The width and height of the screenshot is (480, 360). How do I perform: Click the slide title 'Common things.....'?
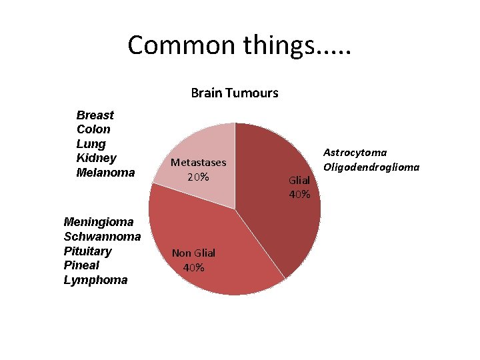point(239,45)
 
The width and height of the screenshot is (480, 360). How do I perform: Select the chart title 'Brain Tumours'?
point(235,93)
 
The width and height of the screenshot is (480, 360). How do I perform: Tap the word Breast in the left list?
point(95,115)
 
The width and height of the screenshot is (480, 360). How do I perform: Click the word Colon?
point(94,129)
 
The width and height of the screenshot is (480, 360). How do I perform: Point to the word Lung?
point(91,144)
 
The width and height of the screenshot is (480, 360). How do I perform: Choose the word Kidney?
point(97,158)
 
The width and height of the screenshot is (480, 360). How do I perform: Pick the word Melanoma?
point(106,173)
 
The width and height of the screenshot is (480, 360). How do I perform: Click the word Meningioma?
point(99,221)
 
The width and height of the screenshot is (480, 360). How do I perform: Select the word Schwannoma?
point(102,236)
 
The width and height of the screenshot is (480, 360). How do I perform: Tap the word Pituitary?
point(88,251)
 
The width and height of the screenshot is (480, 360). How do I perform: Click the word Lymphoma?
point(95,280)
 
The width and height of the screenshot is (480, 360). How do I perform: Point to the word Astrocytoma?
point(355,153)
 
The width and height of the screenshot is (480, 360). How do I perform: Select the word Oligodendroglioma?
point(371,167)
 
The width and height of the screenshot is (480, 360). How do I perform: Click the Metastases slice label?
point(198,163)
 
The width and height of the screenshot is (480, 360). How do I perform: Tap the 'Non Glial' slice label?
point(193,253)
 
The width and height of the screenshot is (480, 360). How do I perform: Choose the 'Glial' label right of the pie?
point(299,181)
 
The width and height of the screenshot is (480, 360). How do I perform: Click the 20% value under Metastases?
point(198,177)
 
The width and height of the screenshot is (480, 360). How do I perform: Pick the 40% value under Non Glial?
point(193,267)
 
